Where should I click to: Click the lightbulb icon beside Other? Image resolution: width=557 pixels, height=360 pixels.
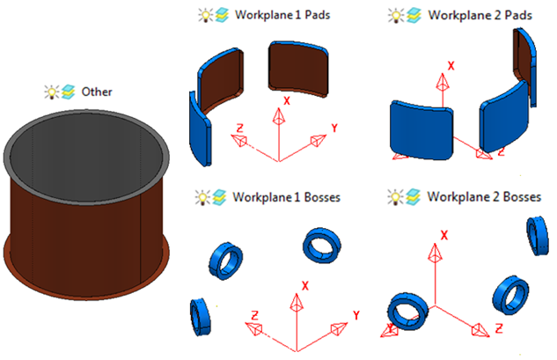tap(52, 92)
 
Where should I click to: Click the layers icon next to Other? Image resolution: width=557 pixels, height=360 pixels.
tap(68, 92)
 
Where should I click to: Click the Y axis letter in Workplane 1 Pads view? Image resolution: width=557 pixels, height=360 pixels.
tap(335, 128)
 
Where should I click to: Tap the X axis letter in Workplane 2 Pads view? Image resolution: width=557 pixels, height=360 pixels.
tap(451, 66)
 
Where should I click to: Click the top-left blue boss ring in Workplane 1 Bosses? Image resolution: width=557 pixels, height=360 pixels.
tap(225, 259)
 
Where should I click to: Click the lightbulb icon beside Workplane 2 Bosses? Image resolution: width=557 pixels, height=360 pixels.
tap(399, 195)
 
